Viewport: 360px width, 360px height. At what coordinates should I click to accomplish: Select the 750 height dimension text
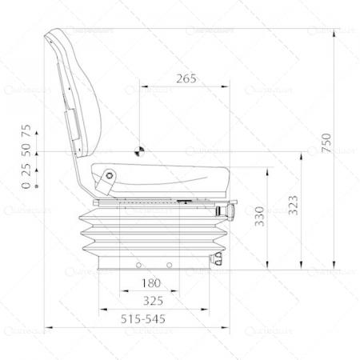coord(326,142)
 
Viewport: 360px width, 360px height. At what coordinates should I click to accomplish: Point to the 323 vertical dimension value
coord(293,206)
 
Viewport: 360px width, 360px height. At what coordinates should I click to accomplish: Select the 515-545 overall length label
coord(144,318)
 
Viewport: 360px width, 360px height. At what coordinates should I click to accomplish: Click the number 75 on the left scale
coord(26,130)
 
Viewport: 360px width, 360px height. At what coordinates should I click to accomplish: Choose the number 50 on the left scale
coord(26,150)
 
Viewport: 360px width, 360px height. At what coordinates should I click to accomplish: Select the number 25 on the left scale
coord(26,170)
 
